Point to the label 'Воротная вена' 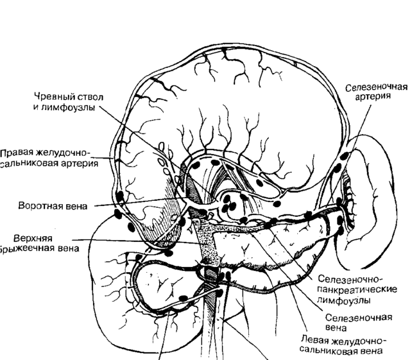(52, 206)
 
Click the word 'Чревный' (52, 97)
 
